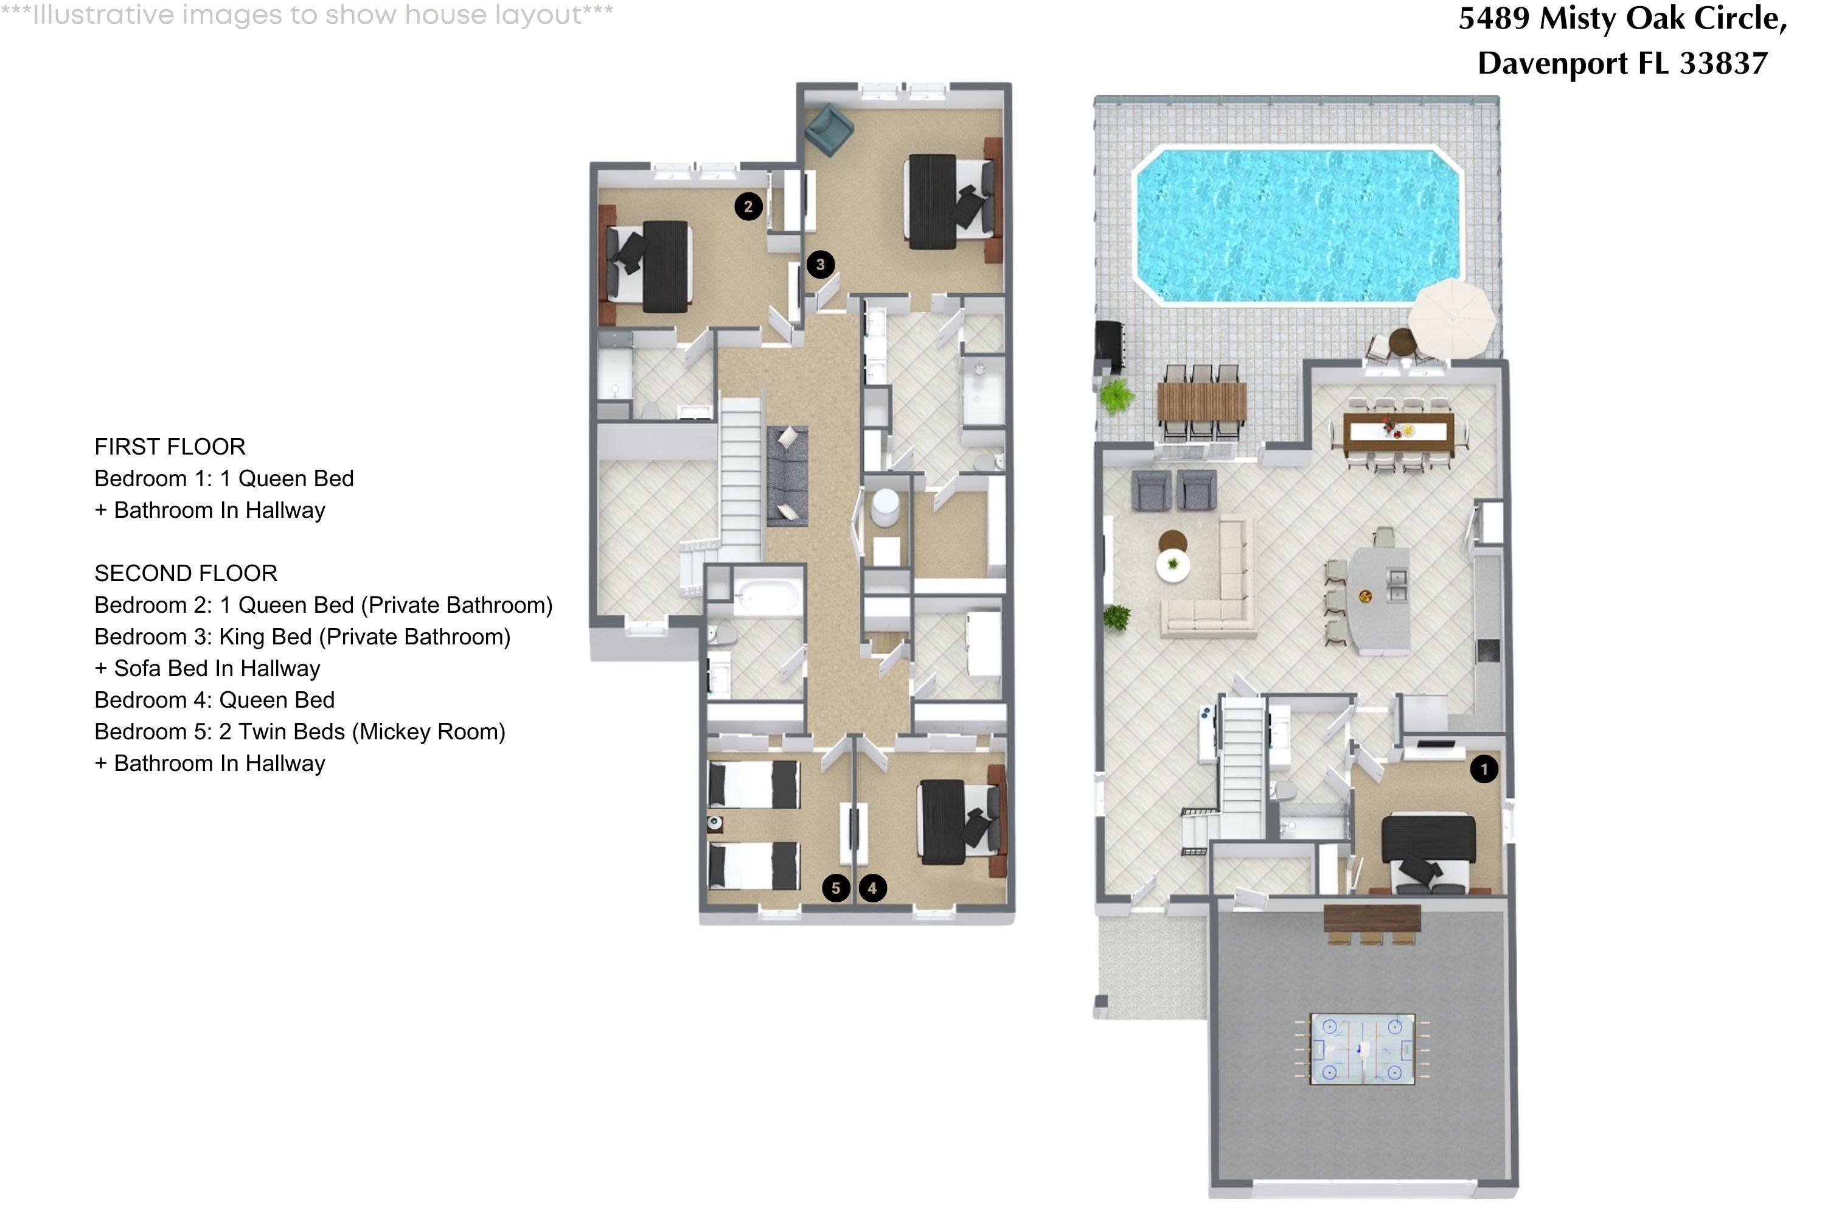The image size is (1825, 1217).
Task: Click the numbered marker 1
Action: (x=1484, y=769)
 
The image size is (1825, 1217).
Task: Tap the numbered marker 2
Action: (x=748, y=206)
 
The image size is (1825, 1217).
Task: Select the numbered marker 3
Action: (x=820, y=265)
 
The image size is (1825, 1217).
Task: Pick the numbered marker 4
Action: (x=872, y=888)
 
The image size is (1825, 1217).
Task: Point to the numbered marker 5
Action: (x=836, y=888)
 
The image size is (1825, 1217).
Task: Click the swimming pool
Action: (x=1298, y=225)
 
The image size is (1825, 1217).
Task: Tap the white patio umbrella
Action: (x=1451, y=318)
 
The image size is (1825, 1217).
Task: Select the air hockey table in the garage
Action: (x=1362, y=1048)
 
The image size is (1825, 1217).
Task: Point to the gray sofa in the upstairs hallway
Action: (x=788, y=476)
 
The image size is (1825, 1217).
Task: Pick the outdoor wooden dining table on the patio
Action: (x=1201, y=402)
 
